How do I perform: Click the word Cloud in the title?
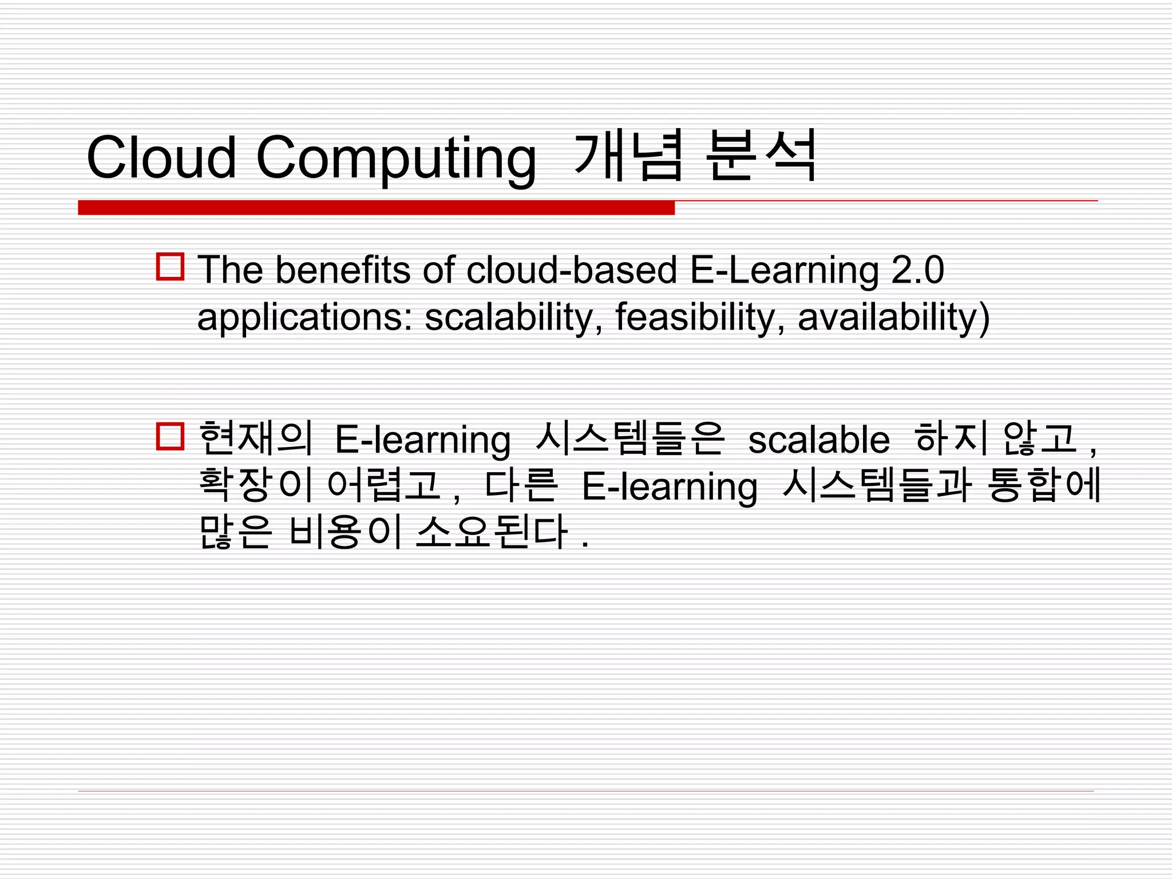tap(161, 157)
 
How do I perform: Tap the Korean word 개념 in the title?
tap(628, 156)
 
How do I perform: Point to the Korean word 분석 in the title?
tap(761, 156)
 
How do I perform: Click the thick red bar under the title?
tap(376, 208)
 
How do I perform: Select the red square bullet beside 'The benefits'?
tap(170, 267)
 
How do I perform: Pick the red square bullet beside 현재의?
tap(170, 437)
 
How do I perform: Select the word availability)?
tap(893, 318)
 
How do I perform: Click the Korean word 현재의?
tap(256, 438)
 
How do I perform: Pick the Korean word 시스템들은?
tap(630, 438)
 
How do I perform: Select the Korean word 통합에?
tap(1044, 485)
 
